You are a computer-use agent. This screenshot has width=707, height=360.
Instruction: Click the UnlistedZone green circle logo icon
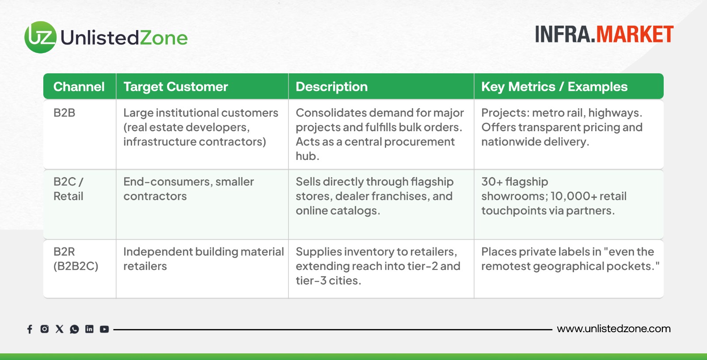point(40,37)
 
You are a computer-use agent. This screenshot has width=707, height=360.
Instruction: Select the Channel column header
point(79,87)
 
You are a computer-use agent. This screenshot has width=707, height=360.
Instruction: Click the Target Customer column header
point(175,87)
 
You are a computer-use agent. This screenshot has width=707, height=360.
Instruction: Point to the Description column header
point(332,87)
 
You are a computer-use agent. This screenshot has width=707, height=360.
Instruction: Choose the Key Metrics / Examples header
point(554,87)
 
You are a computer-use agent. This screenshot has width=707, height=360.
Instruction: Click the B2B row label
point(65,113)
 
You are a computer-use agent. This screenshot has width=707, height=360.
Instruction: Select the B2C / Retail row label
point(68,189)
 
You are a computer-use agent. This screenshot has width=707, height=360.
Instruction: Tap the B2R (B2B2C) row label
point(76,259)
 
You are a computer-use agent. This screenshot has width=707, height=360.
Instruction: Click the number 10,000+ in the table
point(574,196)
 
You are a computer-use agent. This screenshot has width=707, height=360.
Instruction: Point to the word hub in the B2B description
point(308,156)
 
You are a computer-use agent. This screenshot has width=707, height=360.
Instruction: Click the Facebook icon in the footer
point(30,329)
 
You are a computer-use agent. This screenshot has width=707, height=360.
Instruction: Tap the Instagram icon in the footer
point(45,329)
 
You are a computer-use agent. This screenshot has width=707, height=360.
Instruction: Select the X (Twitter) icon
point(59,329)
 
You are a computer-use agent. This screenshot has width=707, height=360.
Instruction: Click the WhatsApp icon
point(75,329)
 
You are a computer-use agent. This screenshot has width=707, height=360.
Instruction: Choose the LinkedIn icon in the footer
point(89,329)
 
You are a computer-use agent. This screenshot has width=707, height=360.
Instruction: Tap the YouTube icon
point(104,329)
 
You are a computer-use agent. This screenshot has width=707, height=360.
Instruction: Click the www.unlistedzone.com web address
point(614,329)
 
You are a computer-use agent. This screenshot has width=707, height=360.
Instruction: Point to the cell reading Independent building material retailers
point(204,259)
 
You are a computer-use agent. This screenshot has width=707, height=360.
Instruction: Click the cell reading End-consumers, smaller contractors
point(188,189)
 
